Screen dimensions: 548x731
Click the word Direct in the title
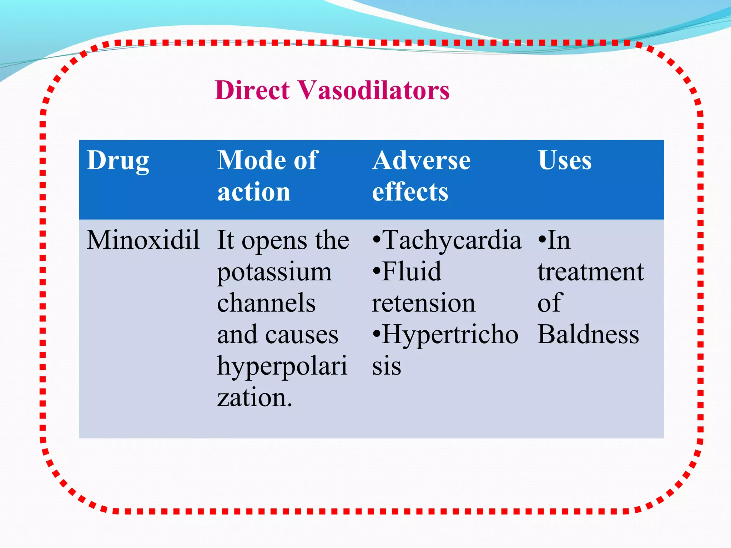coord(252,90)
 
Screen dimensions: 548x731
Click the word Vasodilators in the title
coord(374,90)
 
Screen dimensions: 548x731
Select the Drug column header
coord(118,160)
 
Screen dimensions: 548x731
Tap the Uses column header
coord(565,160)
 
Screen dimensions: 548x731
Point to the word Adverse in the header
coord(421,160)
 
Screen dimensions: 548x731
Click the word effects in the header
coord(410,192)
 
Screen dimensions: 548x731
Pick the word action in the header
coord(254,192)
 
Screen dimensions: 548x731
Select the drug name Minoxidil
coord(143,240)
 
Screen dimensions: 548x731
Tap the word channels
coord(266,303)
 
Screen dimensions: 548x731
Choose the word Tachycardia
coord(452,240)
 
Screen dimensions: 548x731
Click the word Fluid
coord(411,272)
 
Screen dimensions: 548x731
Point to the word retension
coord(424,303)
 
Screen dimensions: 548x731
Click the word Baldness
coord(588,334)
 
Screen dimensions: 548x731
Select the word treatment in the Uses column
coord(591,272)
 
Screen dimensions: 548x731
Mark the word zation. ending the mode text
coord(255,397)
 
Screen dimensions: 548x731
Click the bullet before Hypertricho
coord(376,335)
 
